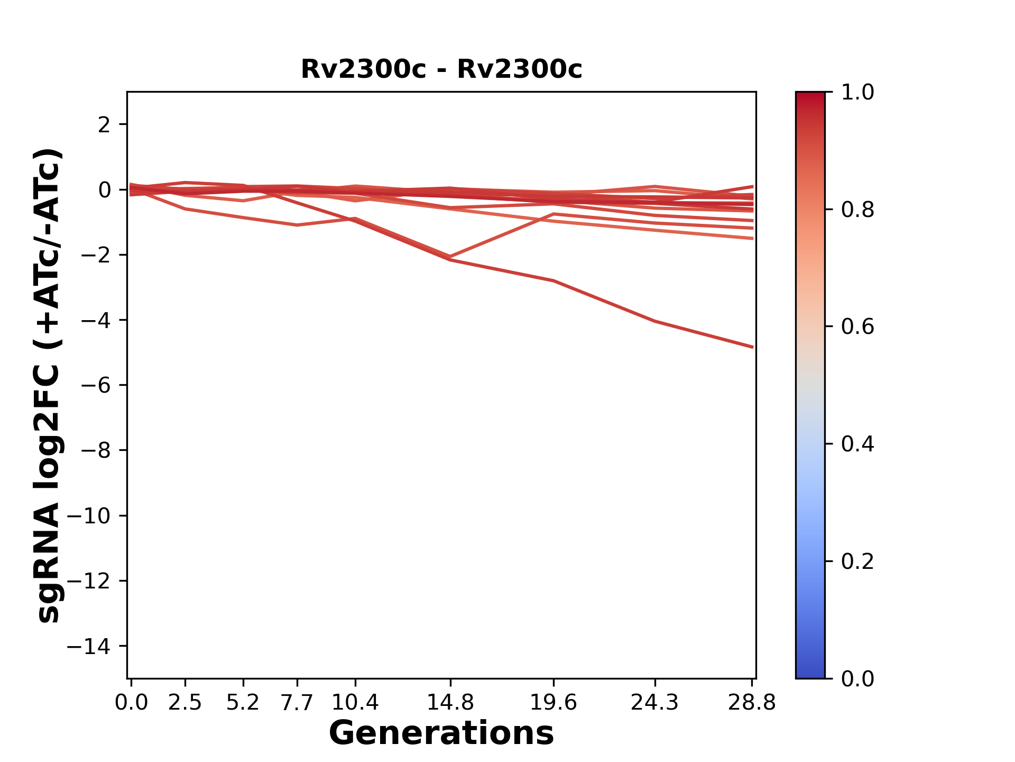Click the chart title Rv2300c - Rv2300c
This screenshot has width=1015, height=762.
click(441, 69)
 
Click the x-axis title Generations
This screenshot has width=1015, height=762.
click(441, 733)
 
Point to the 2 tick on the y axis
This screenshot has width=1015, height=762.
click(105, 125)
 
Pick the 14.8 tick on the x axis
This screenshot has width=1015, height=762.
click(450, 703)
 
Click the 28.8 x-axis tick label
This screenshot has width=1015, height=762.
click(752, 703)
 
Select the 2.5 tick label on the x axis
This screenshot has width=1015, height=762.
click(185, 703)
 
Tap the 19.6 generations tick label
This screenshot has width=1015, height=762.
click(553, 703)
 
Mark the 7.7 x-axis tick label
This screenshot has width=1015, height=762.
click(297, 703)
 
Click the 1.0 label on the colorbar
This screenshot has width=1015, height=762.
click(857, 93)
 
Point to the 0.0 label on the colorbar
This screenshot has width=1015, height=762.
click(857, 678)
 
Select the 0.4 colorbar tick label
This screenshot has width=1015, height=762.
click(857, 444)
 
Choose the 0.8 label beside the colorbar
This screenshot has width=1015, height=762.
click(857, 210)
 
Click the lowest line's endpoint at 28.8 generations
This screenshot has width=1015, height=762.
click(752, 347)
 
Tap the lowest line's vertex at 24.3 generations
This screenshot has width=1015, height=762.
click(655, 321)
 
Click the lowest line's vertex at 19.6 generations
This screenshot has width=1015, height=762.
click(553, 280)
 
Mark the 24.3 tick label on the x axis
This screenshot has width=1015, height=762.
click(655, 703)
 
